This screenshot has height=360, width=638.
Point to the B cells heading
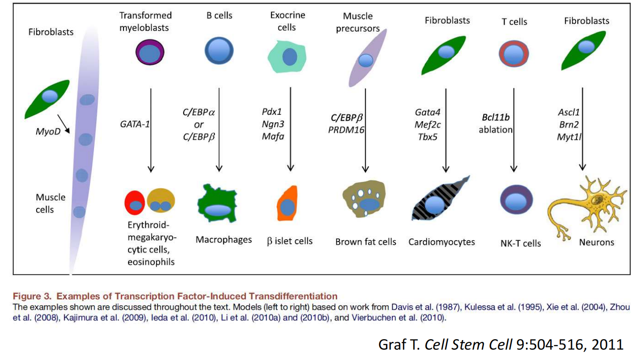219,15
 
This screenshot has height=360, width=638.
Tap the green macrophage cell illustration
218,204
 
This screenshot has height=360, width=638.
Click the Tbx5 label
428,135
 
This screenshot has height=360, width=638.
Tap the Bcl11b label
495,118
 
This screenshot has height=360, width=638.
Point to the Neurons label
596,242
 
